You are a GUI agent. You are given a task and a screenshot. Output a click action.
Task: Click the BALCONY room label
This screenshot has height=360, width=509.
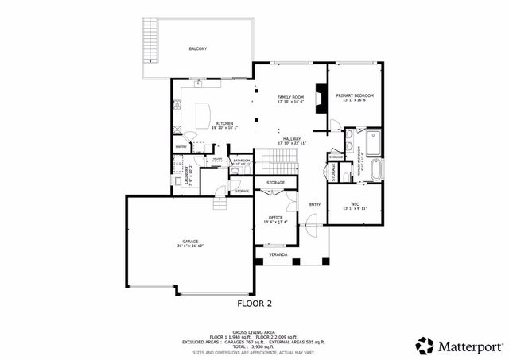[198, 49]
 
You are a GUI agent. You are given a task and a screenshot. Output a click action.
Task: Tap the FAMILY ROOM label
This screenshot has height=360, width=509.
[291, 96]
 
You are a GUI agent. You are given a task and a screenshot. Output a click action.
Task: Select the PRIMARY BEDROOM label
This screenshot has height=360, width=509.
[358, 95]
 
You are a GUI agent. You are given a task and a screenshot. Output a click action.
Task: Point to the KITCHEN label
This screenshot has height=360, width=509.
[225, 122]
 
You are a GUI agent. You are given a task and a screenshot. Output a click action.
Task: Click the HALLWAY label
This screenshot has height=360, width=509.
[292, 139]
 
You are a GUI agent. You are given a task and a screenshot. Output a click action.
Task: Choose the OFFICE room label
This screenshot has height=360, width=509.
[275, 217]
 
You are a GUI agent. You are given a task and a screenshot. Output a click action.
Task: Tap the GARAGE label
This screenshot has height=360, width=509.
[189, 241]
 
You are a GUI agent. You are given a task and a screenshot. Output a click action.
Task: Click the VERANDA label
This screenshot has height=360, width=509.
[277, 254]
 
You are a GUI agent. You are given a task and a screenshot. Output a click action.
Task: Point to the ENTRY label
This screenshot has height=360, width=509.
[314, 204]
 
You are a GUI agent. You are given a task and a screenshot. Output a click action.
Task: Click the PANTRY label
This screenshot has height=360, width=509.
[181, 147]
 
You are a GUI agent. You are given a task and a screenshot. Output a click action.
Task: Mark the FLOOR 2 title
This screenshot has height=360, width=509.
[254, 303]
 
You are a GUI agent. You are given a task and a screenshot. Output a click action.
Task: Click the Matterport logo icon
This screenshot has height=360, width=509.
[424, 346]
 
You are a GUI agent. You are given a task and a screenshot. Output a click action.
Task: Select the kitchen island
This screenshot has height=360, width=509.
[198, 111]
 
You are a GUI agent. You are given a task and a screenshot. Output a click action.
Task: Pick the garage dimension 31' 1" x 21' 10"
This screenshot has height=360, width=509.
[189, 246]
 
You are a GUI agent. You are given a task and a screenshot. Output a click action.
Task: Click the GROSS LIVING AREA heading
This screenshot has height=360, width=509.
[254, 331]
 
